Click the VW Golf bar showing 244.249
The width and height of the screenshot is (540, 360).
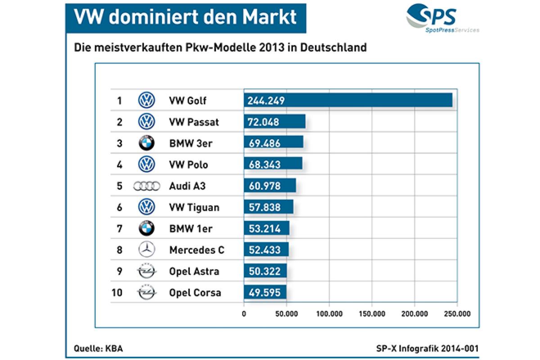tap(347, 100)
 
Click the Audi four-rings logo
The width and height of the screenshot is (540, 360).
tap(147, 186)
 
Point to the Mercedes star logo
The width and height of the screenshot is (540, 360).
tap(146, 250)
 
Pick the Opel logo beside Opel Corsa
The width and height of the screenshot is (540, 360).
tap(146, 292)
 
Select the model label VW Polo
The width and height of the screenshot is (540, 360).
tap(188, 165)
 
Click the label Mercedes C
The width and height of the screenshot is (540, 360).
tap(196, 250)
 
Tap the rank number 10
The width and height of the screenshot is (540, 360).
tap(117, 293)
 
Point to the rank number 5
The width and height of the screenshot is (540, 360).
tap(119, 186)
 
